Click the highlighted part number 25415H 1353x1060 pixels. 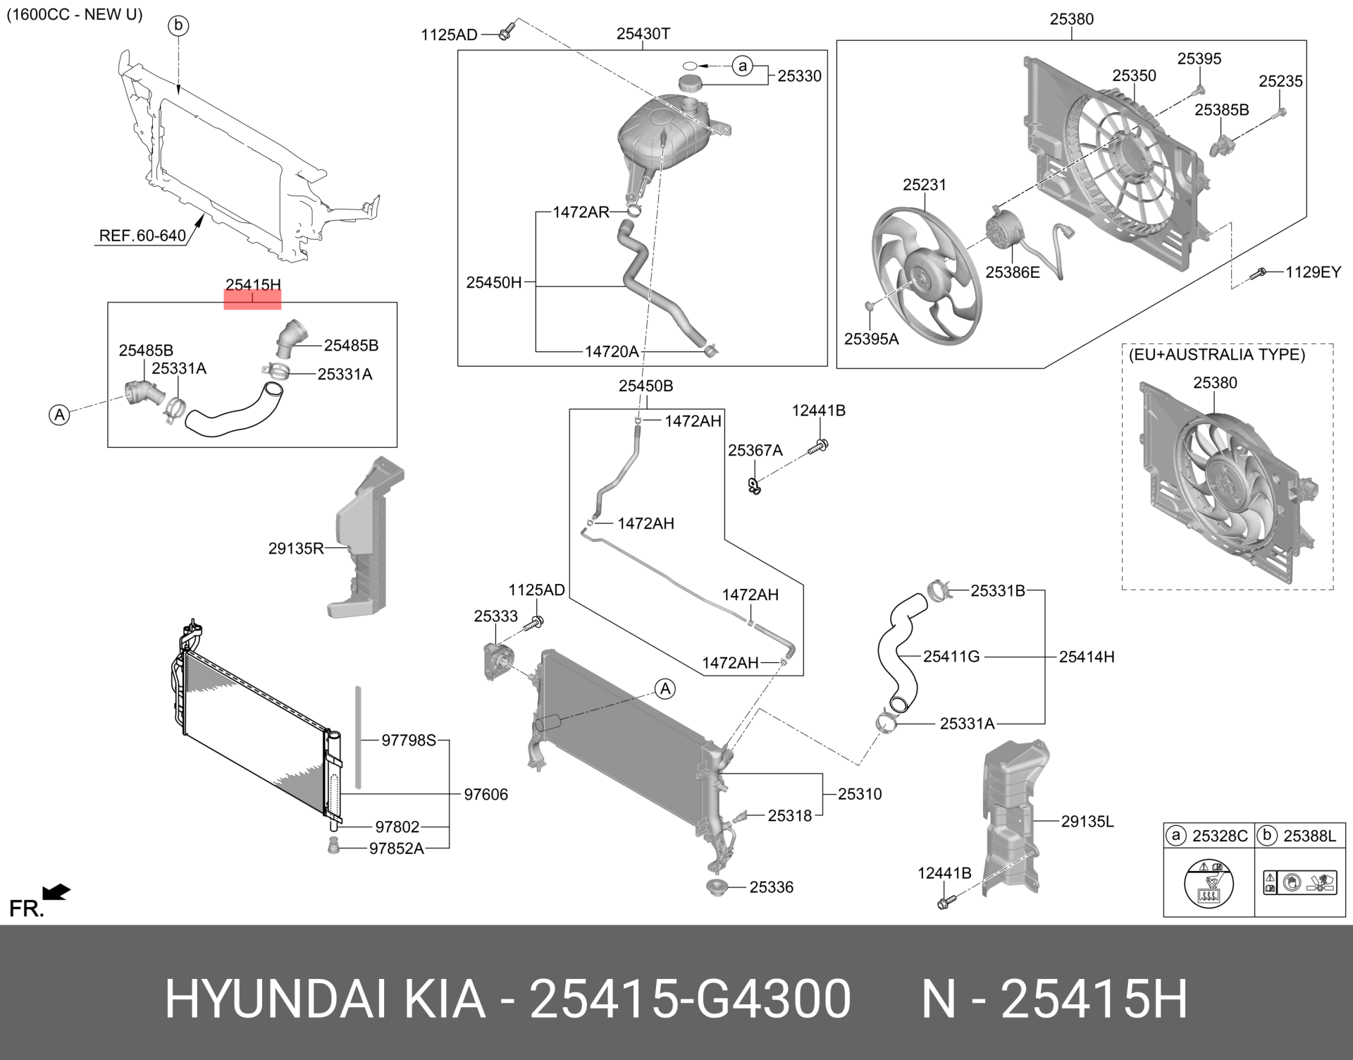click(x=252, y=286)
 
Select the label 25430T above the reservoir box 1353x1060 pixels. click(x=643, y=34)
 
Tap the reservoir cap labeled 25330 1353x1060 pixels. click(x=693, y=82)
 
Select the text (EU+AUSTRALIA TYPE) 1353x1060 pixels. click(x=1216, y=355)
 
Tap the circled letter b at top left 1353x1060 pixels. click(x=178, y=26)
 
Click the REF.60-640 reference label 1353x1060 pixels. click(x=142, y=236)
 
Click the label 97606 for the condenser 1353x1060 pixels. click(x=486, y=794)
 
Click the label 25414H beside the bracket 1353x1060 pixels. click(x=1086, y=657)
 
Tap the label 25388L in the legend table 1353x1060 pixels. click(x=1309, y=836)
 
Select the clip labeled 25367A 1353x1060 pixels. click(x=754, y=485)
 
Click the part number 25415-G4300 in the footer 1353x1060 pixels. click(x=690, y=999)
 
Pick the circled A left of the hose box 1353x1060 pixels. click(x=60, y=415)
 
